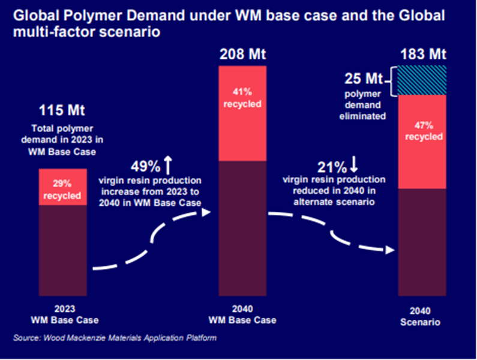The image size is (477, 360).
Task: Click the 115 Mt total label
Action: (62, 111)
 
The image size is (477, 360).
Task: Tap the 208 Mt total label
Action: (242, 55)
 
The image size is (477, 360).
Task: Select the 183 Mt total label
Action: (422, 55)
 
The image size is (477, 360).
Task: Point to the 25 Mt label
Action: (362, 79)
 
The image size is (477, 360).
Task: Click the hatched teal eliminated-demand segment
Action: (422, 80)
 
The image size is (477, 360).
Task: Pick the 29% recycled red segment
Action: (62, 187)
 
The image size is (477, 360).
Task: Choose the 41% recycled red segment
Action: (242, 113)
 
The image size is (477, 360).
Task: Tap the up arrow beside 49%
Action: (169, 164)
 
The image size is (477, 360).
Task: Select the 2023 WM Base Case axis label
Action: (62, 315)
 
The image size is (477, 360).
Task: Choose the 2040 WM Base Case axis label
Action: (242, 315)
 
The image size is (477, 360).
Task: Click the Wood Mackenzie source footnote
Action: (115, 338)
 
